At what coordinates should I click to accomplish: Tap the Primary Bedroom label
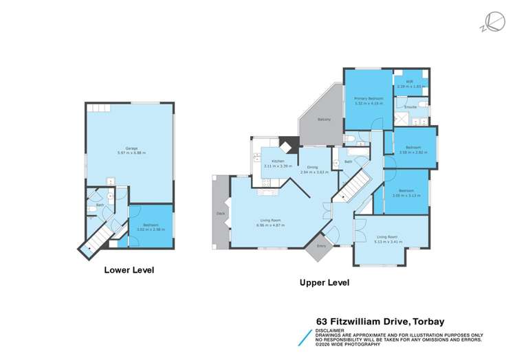point(369,99)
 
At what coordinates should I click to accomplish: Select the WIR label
point(409,82)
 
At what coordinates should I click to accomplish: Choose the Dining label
point(312,167)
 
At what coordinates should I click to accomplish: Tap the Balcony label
point(325,120)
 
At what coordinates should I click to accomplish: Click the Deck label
point(220,213)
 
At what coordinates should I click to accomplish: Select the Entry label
point(320,245)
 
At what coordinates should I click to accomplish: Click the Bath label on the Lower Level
point(100,205)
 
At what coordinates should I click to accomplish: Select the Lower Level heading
point(129,270)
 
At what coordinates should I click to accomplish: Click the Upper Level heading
point(324,282)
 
